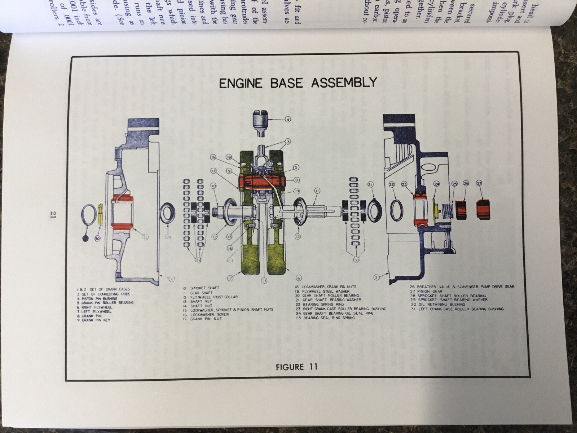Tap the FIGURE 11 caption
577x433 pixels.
click(x=296, y=367)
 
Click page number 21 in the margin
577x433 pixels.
click(x=53, y=215)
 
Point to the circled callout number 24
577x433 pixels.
click(x=437, y=184)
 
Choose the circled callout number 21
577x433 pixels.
click(x=370, y=185)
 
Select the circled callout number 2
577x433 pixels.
click(x=376, y=277)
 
